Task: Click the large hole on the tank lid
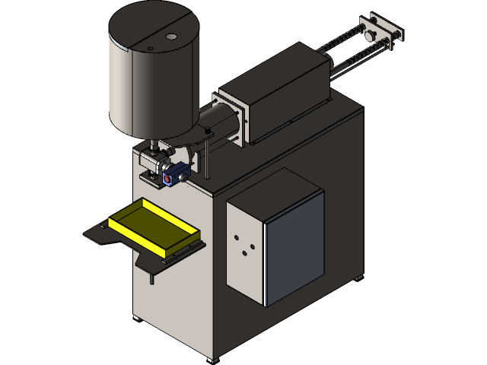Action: pyautogui.click(x=170, y=36)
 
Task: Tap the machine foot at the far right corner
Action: pyautogui.click(x=357, y=278)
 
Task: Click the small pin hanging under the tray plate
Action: pyautogui.click(x=152, y=278)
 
